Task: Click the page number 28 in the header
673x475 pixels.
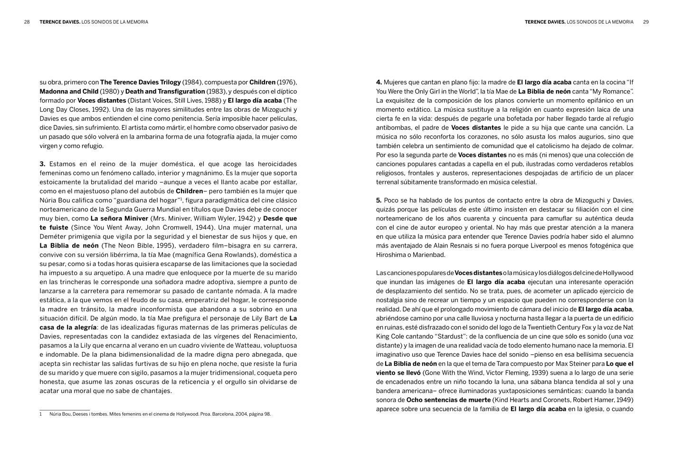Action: pos(27,22)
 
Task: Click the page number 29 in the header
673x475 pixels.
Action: pos(646,22)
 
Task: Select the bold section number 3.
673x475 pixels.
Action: pos(42,164)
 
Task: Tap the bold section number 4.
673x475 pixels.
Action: pos(379,82)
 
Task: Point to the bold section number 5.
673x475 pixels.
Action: pos(379,200)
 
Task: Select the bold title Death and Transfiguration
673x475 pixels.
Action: pos(165,91)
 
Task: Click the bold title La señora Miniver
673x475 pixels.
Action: pos(119,218)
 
